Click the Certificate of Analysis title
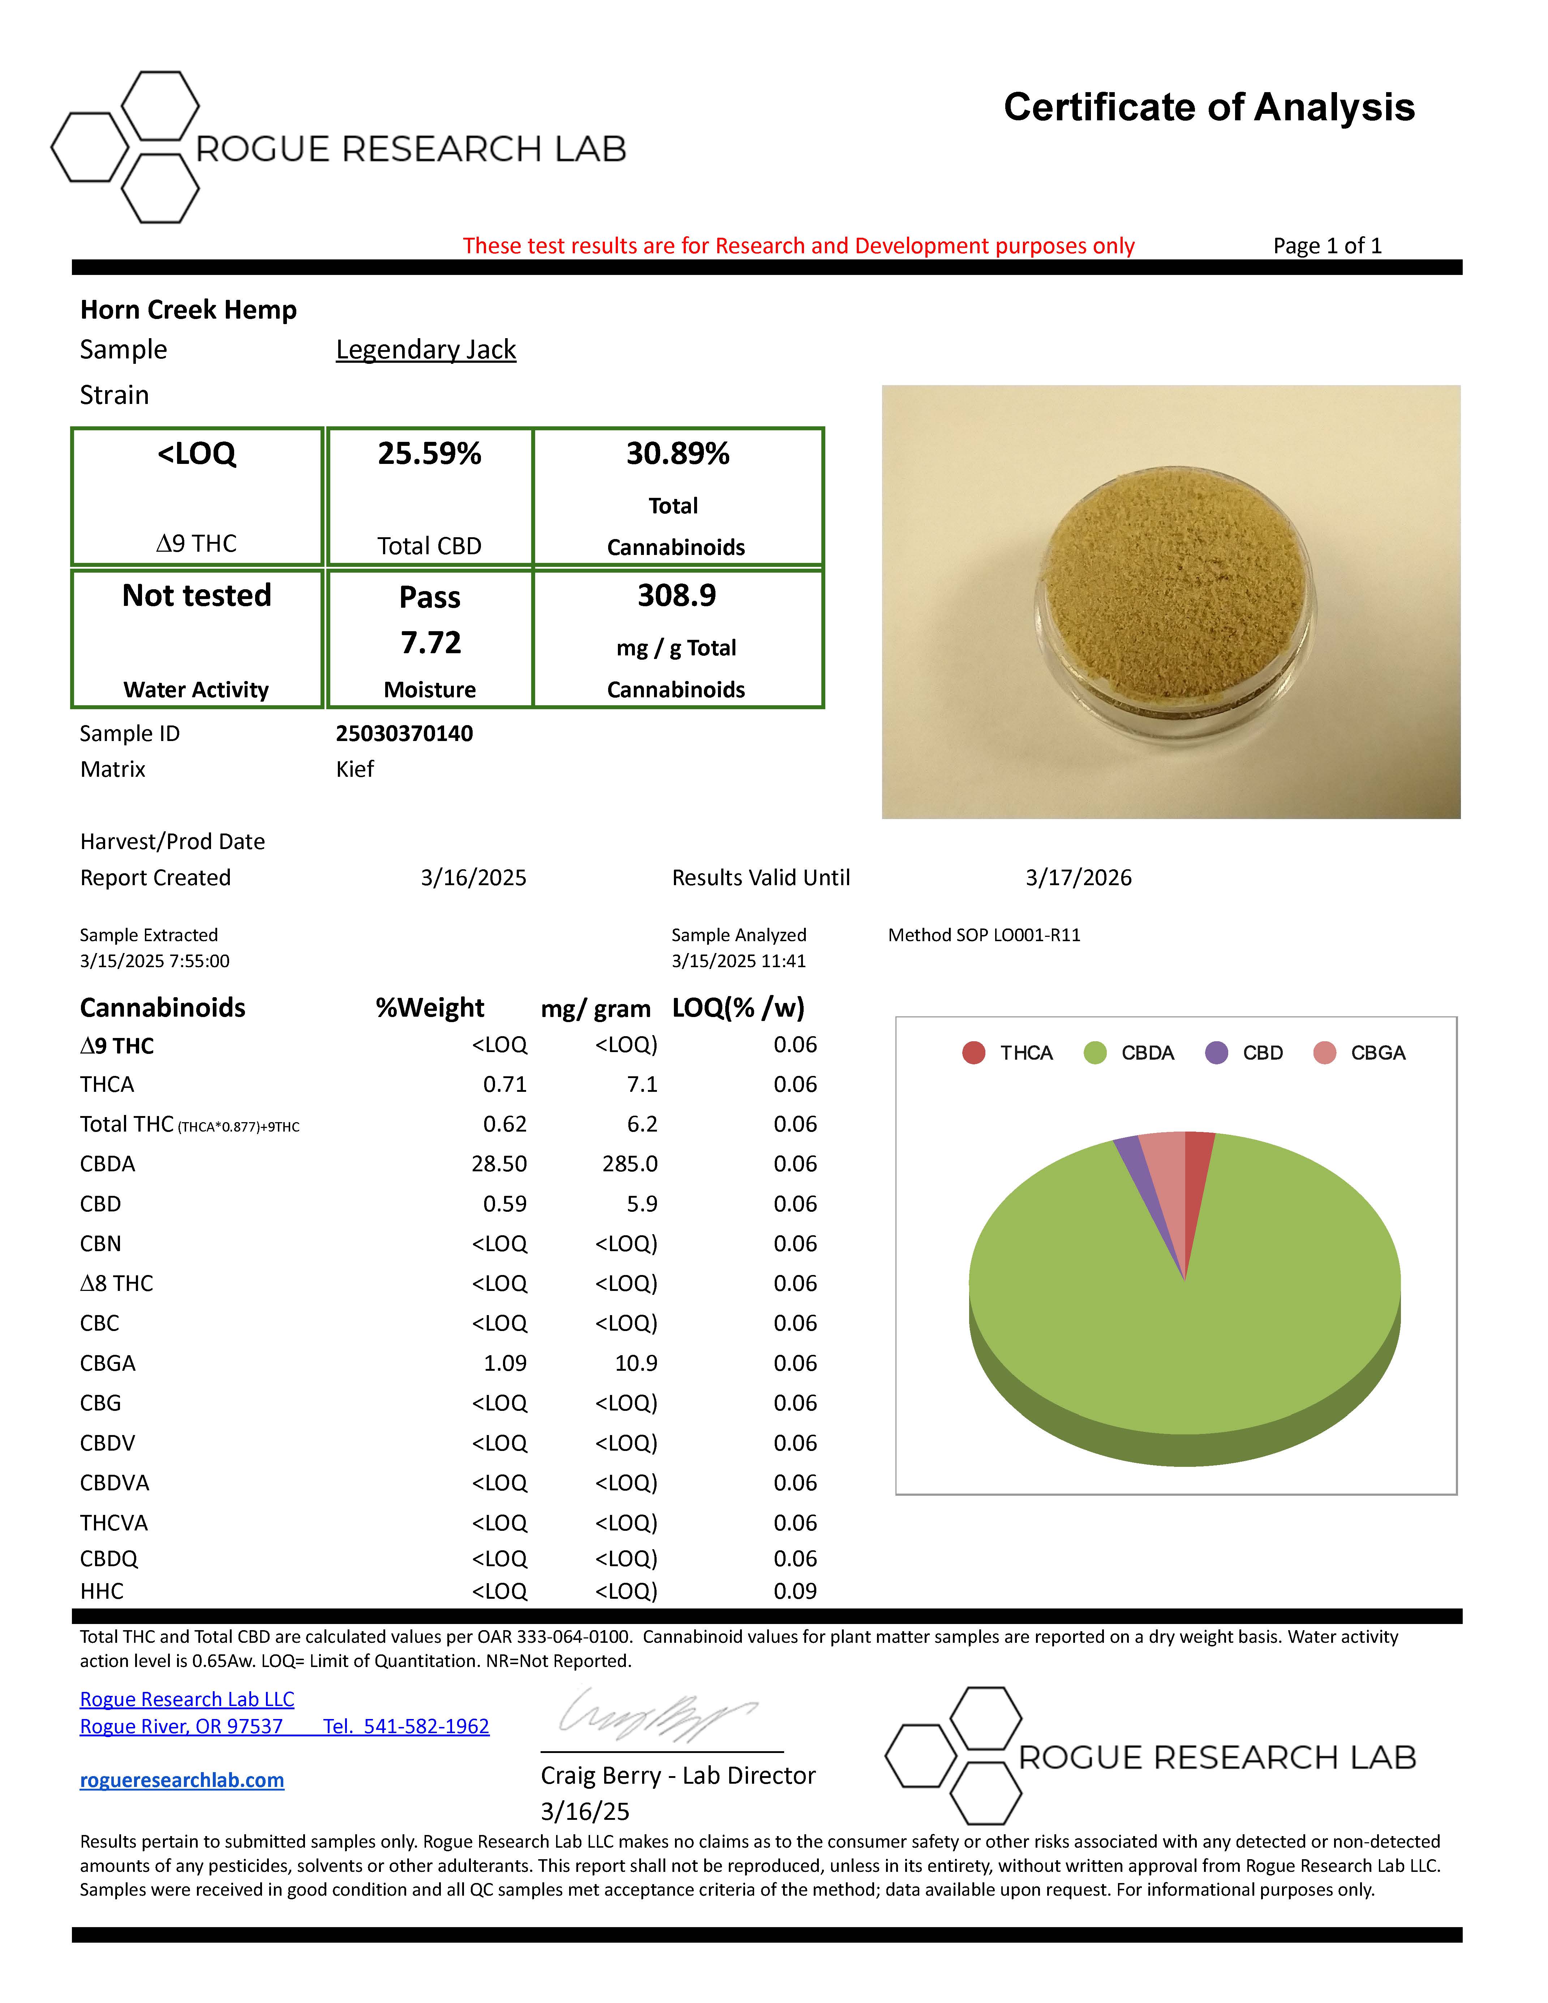(x=1209, y=107)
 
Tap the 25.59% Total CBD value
(x=429, y=454)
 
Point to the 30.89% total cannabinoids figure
(x=678, y=454)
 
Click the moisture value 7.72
(x=430, y=642)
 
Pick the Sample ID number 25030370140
(x=404, y=734)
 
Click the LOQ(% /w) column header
(x=738, y=1008)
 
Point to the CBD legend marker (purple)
(x=1216, y=1053)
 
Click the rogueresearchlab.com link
(x=182, y=1780)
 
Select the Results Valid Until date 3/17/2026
(x=1079, y=878)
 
